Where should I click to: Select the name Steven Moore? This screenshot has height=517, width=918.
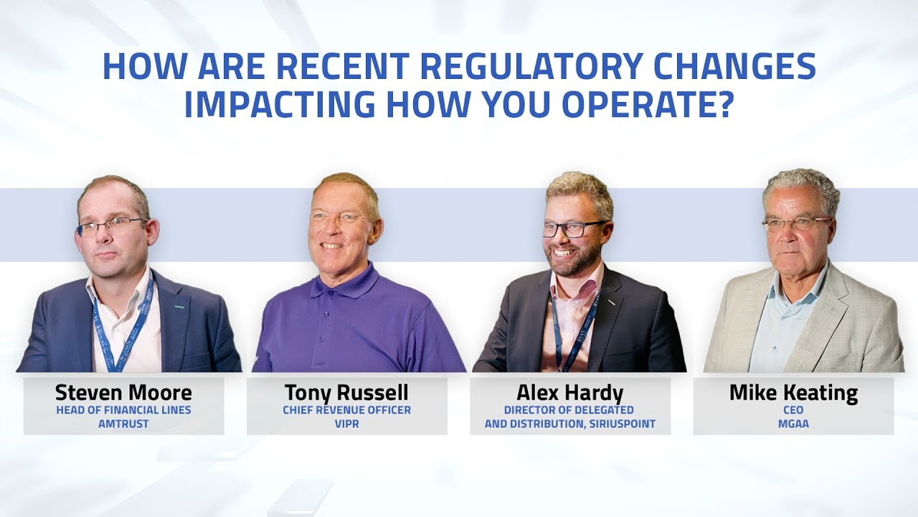[x=123, y=393]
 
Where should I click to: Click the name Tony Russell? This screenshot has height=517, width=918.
[x=346, y=393]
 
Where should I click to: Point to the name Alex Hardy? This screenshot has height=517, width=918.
[x=569, y=393]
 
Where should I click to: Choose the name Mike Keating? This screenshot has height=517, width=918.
[x=793, y=393]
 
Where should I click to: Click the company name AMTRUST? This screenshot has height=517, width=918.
[x=123, y=424]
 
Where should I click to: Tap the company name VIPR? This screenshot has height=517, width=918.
[x=346, y=424]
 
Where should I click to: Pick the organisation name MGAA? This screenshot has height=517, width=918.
[x=793, y=424]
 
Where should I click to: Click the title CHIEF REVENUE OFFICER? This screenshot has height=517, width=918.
[x=346, y=410]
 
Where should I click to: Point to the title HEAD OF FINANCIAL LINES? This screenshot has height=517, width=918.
[x=123, y=410]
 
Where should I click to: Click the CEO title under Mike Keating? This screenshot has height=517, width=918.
[x=793, y=410]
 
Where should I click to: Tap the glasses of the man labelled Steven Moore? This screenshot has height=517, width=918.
[x=111, y=227]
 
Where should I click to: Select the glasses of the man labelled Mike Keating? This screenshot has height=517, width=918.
[x=795, y=223]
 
